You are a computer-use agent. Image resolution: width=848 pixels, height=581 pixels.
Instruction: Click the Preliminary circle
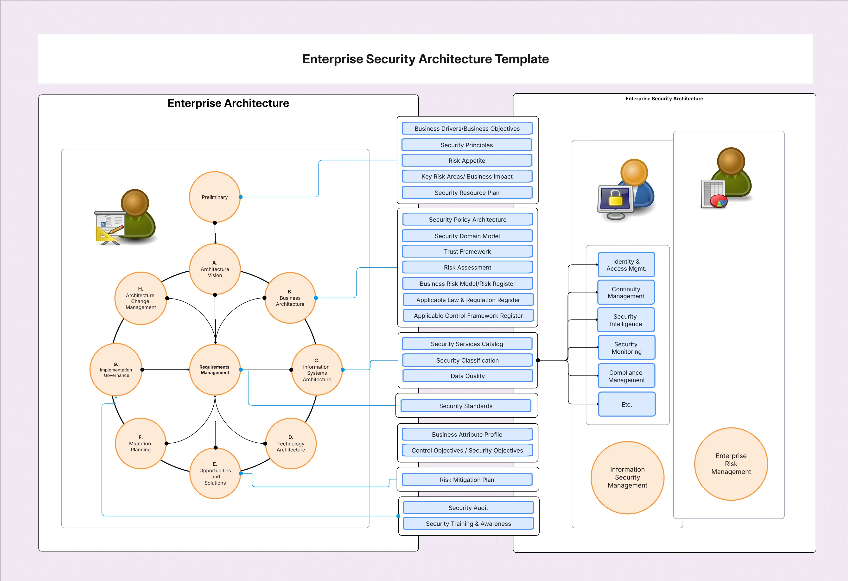(215, 197)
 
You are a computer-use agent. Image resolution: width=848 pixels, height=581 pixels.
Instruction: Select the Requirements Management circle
(215, 370)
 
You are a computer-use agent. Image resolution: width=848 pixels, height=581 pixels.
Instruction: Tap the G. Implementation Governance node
(116, 370)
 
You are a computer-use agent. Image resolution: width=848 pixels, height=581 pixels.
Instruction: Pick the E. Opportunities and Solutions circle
(215, 473)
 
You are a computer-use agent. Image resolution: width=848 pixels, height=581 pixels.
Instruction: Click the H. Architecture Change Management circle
(140, 298)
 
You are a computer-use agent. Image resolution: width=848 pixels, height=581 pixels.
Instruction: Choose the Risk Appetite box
(467, 160)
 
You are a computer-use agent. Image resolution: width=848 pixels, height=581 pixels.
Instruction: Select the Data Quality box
(467, 376)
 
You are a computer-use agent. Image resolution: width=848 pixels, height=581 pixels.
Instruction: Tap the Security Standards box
(465, 406)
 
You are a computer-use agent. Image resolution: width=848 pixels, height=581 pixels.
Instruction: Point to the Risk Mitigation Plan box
(467, 479)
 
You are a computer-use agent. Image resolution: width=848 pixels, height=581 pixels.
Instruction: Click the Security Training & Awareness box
(468, 523)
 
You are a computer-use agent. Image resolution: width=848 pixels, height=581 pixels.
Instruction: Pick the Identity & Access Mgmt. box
(626, 265)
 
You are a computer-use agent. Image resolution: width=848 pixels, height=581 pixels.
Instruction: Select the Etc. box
(626, 404)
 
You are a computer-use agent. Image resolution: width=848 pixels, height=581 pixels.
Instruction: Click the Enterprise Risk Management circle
(731, 464)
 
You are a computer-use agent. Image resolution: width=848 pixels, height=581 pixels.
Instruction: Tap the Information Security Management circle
(627, 477)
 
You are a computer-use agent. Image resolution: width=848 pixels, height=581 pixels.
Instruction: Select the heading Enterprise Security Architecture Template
(426, 59)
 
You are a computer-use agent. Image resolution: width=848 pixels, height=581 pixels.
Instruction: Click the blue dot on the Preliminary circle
(241, 197)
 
